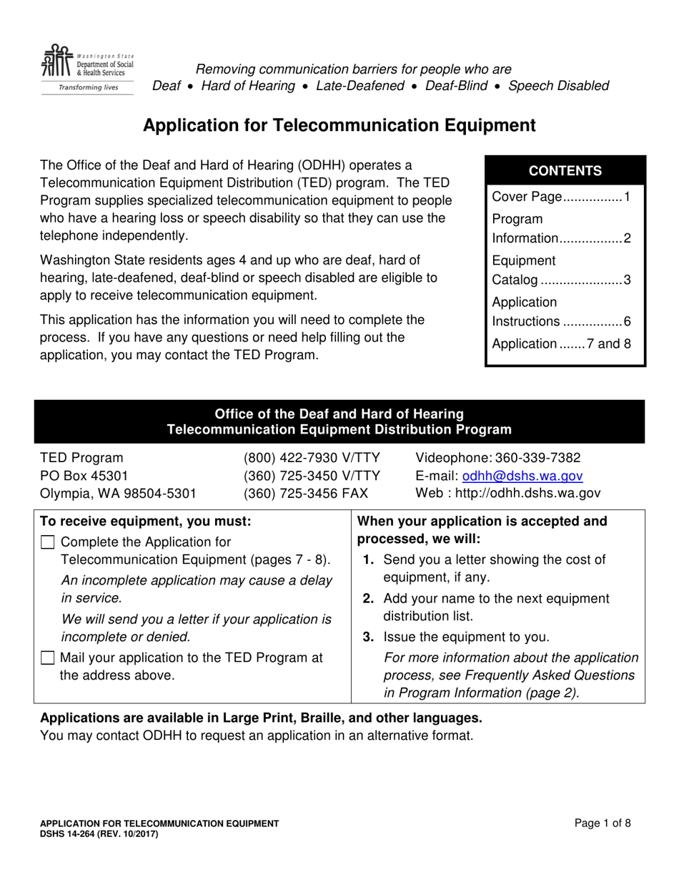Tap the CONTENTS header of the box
(x=565, y=171)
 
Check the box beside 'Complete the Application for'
(x=48, y=542)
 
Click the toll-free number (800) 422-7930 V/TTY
(x=311, y=458)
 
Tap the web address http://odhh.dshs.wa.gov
(x=527, y=494)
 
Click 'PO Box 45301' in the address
(x=84, y=476)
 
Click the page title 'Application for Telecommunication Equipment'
(x=339, y=126)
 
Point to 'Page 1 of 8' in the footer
(x=602, y=823)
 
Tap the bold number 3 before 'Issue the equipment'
(x=370, y=637)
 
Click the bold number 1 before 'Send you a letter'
(x=370, y=559)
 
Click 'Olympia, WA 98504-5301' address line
(x=118, y=494)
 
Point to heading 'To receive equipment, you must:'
(x=146, y=521)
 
